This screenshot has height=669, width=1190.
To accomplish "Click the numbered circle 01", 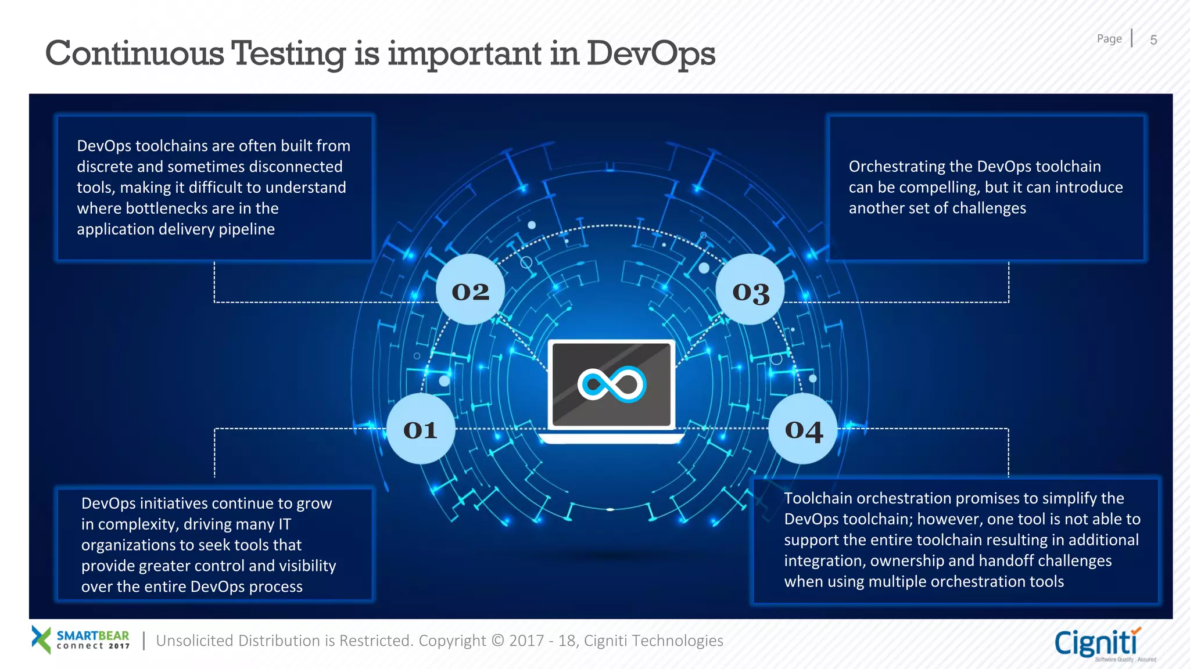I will click(x=421, y=429).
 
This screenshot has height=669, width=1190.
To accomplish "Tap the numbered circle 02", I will click(x=471, y=290).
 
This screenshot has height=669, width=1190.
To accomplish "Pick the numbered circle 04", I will click(x=804, y=429).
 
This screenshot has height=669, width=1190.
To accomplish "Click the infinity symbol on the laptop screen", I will click(x=611, y=384).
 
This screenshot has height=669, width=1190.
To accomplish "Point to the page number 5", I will click(x=1153, y=40).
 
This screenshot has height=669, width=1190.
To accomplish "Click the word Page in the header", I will click(x=1109, y=39).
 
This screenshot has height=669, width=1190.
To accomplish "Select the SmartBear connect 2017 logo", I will click(x=81, y=639).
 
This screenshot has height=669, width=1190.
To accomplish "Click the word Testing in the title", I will click(x=288, y=53).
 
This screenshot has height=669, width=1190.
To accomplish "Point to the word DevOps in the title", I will click(x=651, y=53).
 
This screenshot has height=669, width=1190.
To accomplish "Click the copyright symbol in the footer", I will click(x=498, y=641).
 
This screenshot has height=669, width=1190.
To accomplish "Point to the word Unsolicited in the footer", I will click(x=195, y=641).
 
